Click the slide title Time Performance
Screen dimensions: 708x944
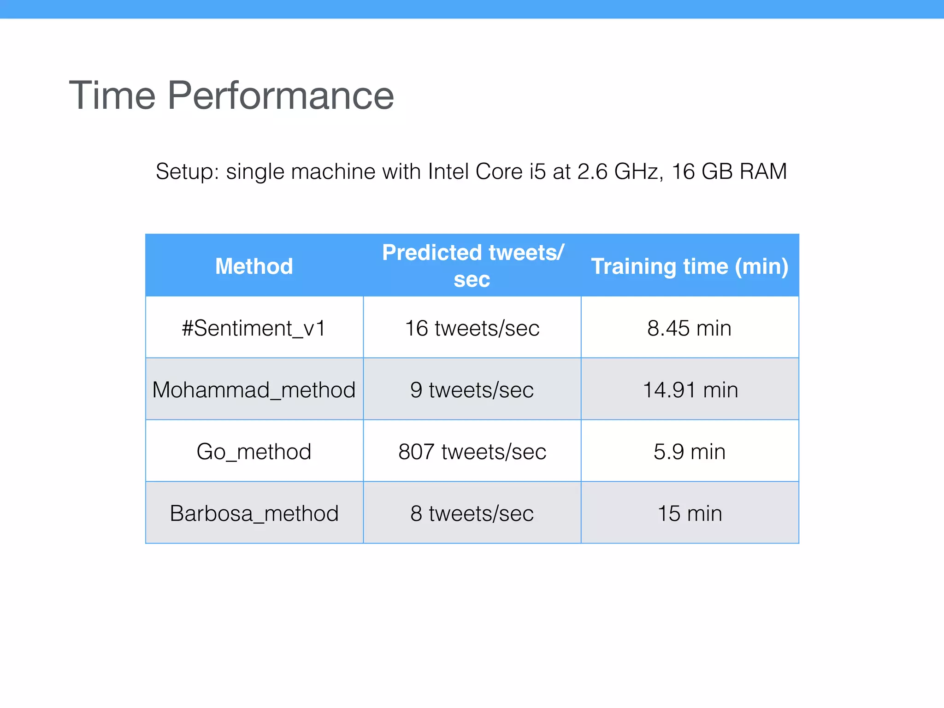click(x=231, y=96)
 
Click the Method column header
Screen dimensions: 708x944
click(x=254, y=266)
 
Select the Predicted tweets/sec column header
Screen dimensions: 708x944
click(x=472, y=265)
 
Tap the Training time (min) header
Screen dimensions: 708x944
click(x=690, y=266)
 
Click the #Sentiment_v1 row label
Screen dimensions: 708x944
click(x=254, y=328)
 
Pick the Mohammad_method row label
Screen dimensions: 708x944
click(x=254, y=390)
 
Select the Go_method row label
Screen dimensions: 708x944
click(x=254, y=452)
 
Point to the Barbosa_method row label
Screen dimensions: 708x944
click(x=254, y=513)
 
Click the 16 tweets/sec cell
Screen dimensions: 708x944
click(x=472, y=328)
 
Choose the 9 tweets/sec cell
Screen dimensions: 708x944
click(x=472, y=390)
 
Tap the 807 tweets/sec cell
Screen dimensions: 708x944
click(x=472, y=452)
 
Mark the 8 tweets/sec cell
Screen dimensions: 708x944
click(x=472, y=513)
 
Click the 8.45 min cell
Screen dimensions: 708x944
click(x=690, y=328)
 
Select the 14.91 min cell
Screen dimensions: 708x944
click(x=690, y=390)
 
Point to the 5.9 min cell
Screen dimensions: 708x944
click(x=690, y=452)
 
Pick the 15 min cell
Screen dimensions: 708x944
click(x=690, y=513)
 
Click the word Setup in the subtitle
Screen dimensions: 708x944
click(x=187, y=172)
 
